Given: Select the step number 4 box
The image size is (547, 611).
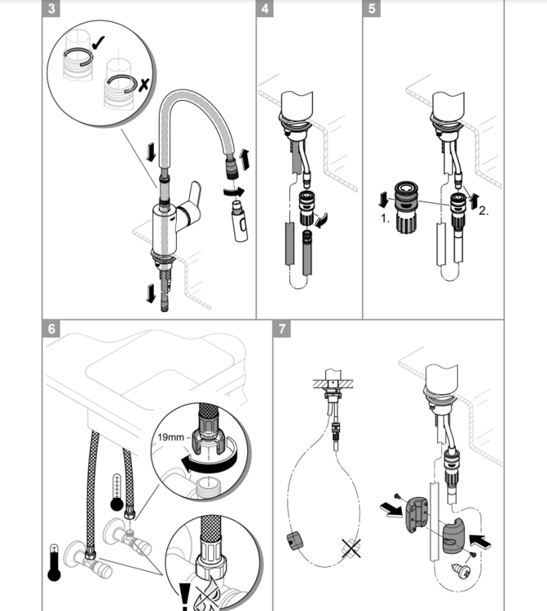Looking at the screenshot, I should click(264, 10).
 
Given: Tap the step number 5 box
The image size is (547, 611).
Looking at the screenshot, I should click(373, 10).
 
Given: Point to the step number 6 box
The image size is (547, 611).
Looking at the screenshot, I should click(51, 330).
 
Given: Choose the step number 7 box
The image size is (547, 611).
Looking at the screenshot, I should click(282, 330).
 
